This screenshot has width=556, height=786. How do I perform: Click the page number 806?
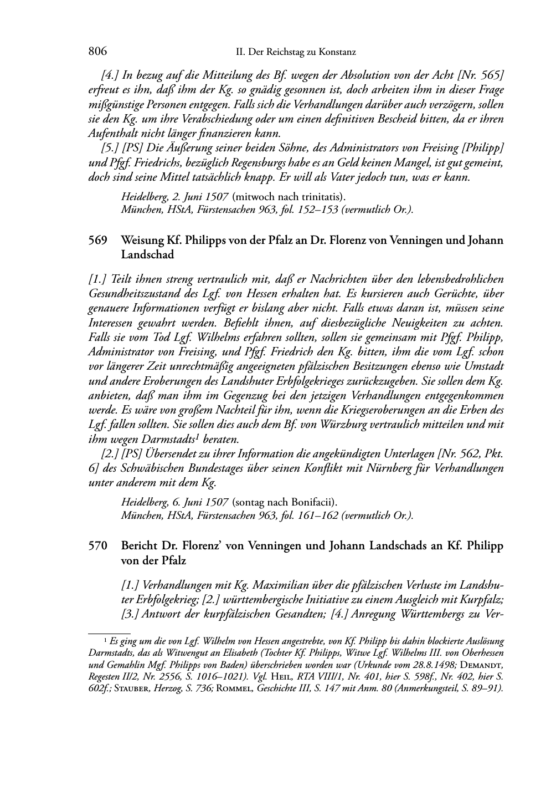click(x=97, y=52)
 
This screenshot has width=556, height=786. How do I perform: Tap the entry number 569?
click(x=97, y=241)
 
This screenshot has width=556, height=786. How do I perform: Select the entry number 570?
click(x=97, y=546)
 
